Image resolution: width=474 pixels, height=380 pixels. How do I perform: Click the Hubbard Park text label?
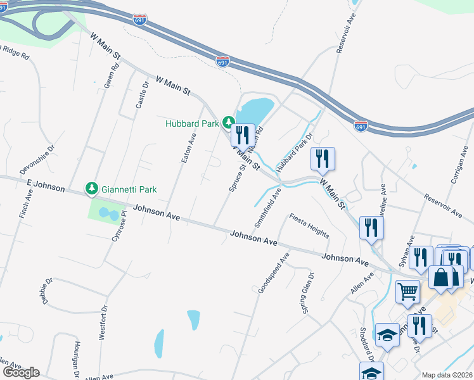192,123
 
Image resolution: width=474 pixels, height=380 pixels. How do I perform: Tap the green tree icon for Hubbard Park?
227,122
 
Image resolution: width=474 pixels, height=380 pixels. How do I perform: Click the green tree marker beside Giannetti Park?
92,188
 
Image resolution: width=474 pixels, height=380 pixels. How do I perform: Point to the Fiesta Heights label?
309,225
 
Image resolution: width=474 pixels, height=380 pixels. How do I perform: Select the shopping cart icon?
408,291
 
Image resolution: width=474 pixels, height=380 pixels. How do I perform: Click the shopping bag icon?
442,277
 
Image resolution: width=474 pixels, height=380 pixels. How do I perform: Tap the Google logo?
21,372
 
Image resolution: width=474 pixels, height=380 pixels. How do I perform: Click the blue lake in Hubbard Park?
257,108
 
